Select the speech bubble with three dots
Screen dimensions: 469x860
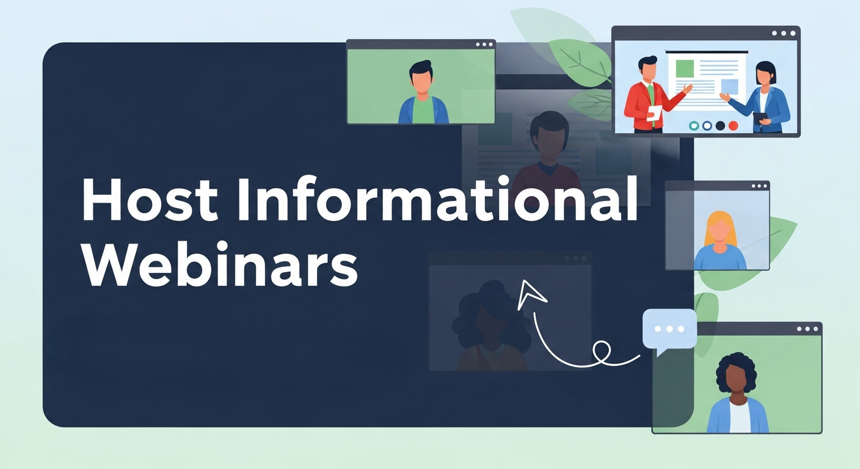pyautogui.click(x=669, y=329)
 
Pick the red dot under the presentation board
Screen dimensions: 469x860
pyautogui.click(x=734, y=125)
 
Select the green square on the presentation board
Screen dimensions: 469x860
pyautogui.click(x=685, y=68)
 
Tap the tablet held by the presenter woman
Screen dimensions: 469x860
pyautogui.click(x=760, y=117)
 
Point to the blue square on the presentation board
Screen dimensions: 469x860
pyautogui.click(x=729, y=86)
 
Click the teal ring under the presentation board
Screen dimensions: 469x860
pyautogui.click(x=694, y=125)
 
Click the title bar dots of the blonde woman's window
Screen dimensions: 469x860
pyautogui.click(x=759, y=186)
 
